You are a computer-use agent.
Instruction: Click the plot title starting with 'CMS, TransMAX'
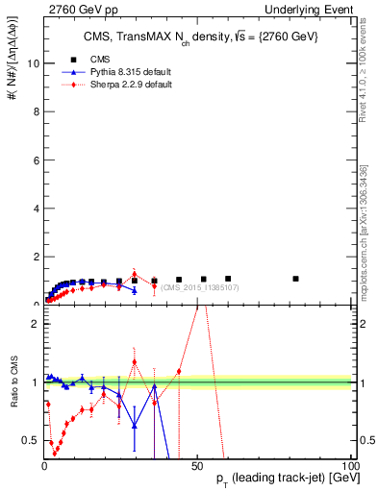[x=196, y=36]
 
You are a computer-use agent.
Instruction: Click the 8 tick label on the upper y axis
[x=35, y=111]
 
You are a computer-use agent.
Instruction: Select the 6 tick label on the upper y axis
[x=35, y=160]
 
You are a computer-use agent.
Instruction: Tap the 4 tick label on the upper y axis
[x=35, y=208]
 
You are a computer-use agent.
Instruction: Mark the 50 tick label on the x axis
[x=196, y=465]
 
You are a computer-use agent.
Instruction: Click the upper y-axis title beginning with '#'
[x=13, y=72]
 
